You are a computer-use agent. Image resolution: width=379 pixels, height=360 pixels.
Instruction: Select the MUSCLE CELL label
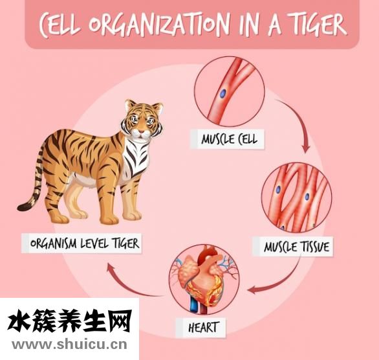click(x=229, y=140)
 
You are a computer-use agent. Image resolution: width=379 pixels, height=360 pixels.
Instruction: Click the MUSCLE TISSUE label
click(x=296, y=247)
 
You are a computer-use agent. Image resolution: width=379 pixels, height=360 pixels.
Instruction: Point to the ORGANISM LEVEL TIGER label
click(x=85, y=243)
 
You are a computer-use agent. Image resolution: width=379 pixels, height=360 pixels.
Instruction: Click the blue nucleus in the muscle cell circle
click(x=223, y=93)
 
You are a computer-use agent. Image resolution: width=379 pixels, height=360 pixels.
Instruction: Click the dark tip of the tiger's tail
click(x=24, y=207)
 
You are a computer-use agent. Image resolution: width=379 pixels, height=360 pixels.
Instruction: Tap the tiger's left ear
click(x=131, y=105)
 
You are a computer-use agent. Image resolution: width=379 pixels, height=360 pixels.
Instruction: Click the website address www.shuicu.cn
click(x=69, y=344)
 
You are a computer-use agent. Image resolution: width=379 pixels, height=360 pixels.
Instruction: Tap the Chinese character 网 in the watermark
click(x=120, y=321)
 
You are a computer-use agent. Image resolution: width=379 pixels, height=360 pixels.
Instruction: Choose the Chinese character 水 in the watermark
click(x=19, y=321)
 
